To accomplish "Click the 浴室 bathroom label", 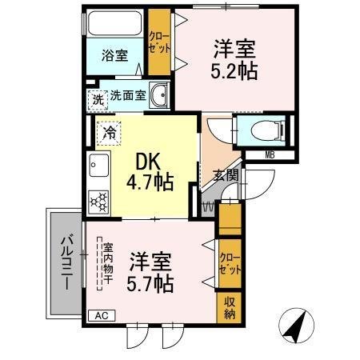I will pyautogui.click(x=114, y=55).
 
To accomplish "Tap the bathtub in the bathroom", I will pyautogui.click(x=114, y=27).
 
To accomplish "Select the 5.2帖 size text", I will pyautogui.click(x=234, y=71).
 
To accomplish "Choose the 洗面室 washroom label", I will pyautogui.click(x=128, y=95).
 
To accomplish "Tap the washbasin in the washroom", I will pyautogui.click(x=158, y=95).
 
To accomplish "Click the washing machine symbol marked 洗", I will pyautogui.click(x=97, y=100).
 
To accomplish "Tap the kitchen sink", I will pyautogui.click(x=99, y=169).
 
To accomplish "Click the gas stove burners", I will pyautogui.click(x=99, y=201).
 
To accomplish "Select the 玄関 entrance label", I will pyautogui.click(x=225, y=175).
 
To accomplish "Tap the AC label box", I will pyautogui.click(x=102, y=315).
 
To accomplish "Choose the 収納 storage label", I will pyautogui.click(x=229, y=307).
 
